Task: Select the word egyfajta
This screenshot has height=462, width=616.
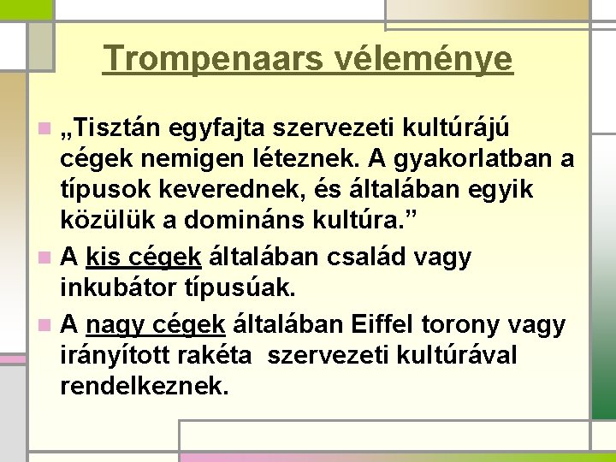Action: pyautogui.click(x=211, y=129)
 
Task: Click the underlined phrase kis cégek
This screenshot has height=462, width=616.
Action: pyautogui.click(x=144, y=257)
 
